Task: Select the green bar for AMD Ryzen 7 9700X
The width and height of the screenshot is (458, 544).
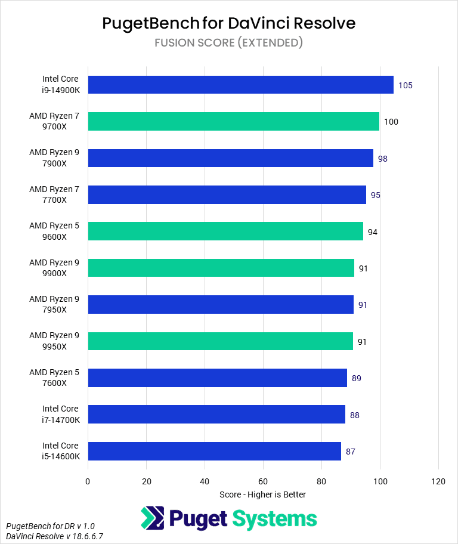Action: coord(233,121)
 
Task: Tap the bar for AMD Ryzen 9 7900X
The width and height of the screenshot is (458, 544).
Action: coord(230,158)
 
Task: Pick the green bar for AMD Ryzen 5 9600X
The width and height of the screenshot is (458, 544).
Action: coord(225,231)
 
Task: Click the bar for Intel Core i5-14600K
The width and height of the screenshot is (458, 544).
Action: coord(215,451)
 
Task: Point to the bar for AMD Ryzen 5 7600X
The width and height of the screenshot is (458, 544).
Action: coord(218,378)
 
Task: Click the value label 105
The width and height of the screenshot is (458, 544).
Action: coord(406,85)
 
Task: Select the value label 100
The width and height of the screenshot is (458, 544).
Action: coord(391,122)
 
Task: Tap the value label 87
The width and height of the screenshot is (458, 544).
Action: coord(351,452)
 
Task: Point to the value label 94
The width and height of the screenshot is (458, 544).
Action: coord(373,232)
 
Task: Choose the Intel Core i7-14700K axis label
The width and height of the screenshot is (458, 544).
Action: coord(60,415)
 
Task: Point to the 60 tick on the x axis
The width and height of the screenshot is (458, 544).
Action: coord(263,481)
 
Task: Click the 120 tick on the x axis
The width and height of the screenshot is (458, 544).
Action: coord(438,481)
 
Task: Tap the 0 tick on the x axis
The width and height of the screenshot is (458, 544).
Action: coord(88,481)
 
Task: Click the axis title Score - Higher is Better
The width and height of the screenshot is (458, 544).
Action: coord(262,494)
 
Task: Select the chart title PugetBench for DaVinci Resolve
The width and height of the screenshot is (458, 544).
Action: coord(229,23)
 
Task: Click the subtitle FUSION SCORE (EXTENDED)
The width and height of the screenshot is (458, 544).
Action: coord(229,42)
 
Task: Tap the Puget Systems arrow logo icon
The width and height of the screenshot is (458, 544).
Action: coord(153,518)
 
